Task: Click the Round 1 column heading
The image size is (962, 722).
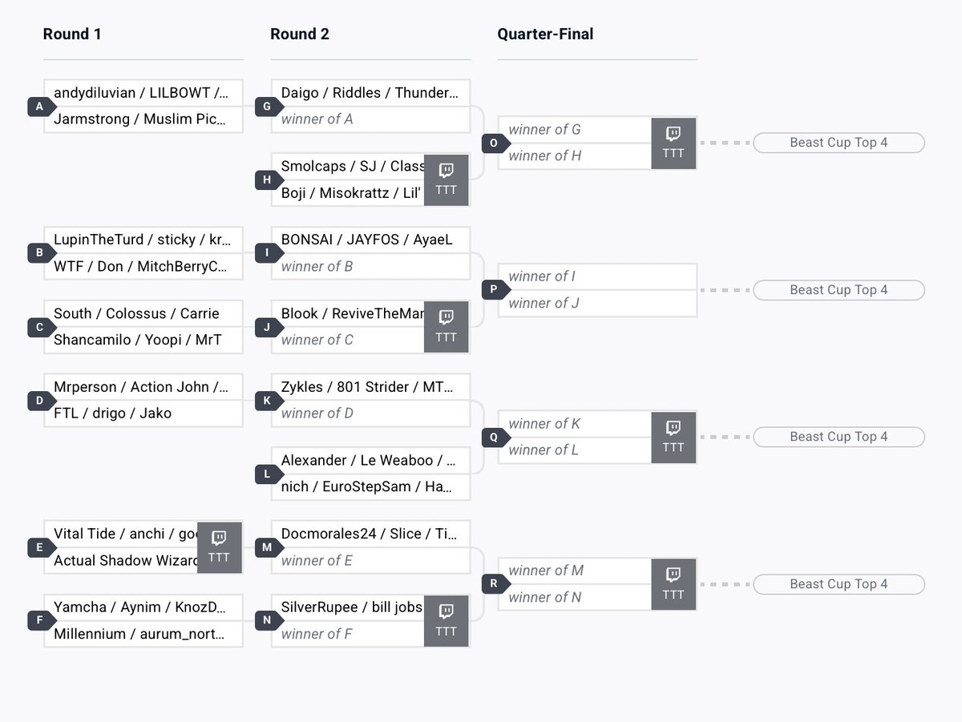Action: [x=72, y=34]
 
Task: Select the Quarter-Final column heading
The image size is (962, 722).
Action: [x=545, y=34]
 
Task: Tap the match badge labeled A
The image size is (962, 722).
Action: [x=39, y=107]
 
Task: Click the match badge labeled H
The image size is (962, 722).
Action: [x=267, y=179]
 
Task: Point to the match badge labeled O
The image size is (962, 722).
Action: [x=494, y=143]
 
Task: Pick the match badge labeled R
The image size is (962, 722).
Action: [x=494, y=584]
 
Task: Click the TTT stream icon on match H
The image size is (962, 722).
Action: [x=447, y=179]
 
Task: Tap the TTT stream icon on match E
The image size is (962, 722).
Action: [x=219, y=547]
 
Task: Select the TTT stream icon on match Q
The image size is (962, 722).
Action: [x=673, y=437]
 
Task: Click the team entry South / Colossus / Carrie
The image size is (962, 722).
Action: [x=136, y=313]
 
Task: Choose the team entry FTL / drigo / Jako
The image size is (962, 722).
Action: [x=112, y=413]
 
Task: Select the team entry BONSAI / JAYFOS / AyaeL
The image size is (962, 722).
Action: [x=366, y=240]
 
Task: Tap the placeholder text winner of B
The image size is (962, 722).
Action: [x=317, y=266]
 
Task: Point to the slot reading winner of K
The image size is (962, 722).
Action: [x=544, y=424]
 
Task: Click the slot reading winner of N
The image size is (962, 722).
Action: [x=545, y=597]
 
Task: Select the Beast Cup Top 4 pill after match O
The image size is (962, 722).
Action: [x=839, y=143]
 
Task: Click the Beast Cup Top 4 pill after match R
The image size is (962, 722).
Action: [x=839, y=584]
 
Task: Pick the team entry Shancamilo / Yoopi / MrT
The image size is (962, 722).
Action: [x=137, y=340]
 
